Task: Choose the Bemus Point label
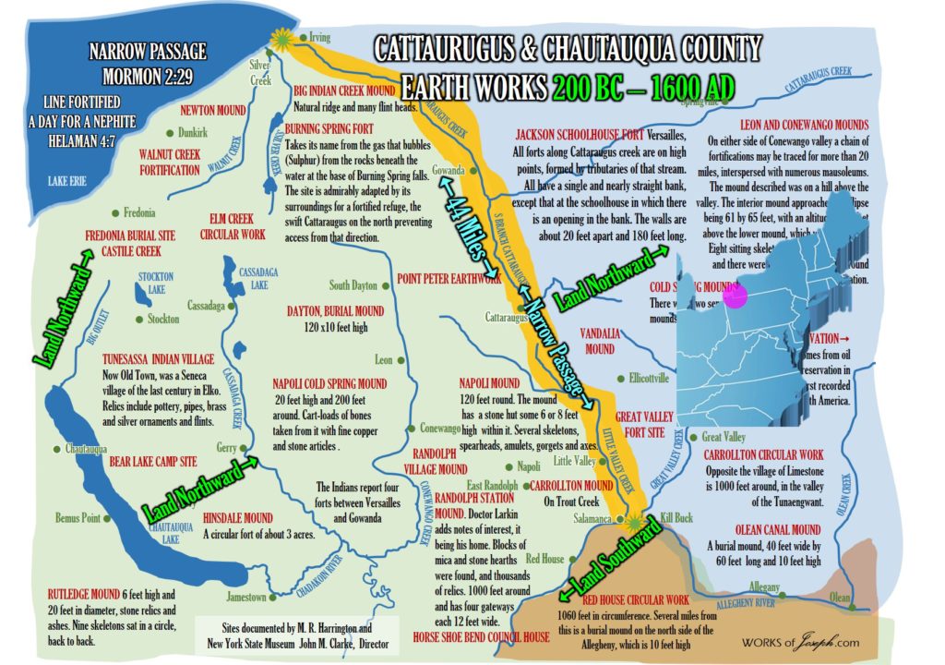(78, 518)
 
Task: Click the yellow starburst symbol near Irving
(281, 38)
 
